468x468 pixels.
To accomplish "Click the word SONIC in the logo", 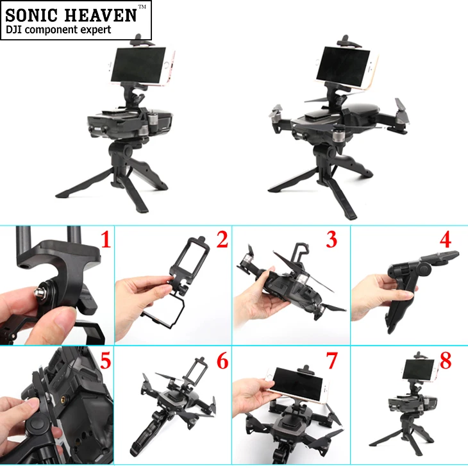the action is coord(31,15).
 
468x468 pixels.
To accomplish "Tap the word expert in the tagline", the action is coord(95,30).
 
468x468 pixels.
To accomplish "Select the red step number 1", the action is coord(106,240).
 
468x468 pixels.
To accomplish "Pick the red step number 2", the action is coord(222,239).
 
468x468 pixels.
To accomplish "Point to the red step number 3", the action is coord(331,239).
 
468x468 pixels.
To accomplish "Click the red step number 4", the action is coord(446,239).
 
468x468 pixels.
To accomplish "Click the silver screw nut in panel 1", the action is coord(39,294).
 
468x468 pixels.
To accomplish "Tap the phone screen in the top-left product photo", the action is coord(138,65).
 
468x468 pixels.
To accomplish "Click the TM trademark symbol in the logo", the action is coord(142,7).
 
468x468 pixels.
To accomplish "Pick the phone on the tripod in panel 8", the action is coord(420,371).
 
